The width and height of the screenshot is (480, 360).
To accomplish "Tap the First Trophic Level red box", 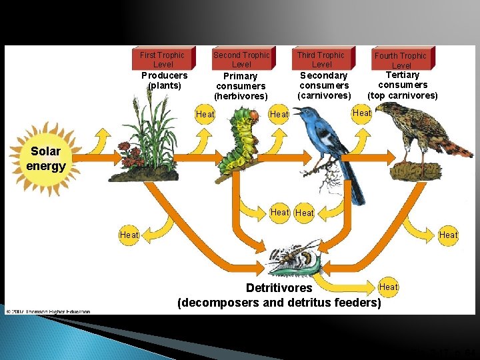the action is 163,59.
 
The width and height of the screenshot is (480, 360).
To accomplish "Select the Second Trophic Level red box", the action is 241,59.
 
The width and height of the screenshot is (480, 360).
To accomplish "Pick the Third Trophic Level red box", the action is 321,59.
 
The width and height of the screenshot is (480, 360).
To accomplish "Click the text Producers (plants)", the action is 165,80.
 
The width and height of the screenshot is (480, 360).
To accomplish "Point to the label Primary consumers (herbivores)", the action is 241,86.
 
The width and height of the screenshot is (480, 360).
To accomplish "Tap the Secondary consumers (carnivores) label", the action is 324,85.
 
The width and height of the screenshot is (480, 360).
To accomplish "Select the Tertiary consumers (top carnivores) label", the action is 403,85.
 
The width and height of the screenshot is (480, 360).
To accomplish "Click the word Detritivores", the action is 279,288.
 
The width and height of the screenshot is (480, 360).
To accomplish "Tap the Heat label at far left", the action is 129,235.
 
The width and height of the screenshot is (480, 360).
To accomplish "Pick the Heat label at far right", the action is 448,235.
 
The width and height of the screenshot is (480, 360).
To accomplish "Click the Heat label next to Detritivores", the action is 388,287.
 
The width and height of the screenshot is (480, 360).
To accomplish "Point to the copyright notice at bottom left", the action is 48,311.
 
